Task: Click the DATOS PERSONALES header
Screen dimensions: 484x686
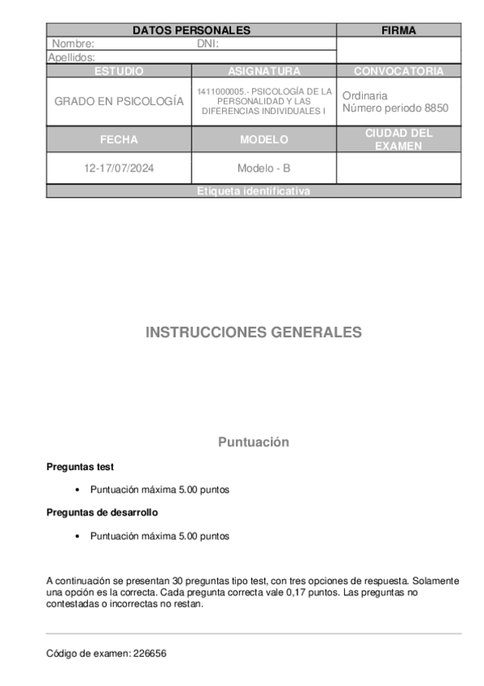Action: tap(191, 31)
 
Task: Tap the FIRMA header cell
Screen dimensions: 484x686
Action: tap(398, 31)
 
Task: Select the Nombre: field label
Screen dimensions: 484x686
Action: tap(74, 44)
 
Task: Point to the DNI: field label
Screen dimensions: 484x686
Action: tap(208, 44)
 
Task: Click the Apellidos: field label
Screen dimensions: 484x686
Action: tap(72, 57)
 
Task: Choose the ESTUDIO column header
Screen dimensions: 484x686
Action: tap(119, 71)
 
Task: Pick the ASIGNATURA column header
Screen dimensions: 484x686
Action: tap(264, 71)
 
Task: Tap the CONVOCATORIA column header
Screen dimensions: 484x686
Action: tap(398, 71)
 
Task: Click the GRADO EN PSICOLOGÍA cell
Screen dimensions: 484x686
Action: tap(119, 102)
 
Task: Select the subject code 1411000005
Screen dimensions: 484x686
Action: tap(221, 91)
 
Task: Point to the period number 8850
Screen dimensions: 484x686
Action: tap(436, 108)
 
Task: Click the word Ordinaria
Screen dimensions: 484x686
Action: tap(364, 95)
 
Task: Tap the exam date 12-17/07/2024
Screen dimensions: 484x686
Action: tap(119, 169)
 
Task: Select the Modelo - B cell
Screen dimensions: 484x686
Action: tap(264, 169)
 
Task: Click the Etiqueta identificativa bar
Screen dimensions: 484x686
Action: tap(253, 192)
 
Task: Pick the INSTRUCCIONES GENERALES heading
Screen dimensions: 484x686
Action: tap(253, 332)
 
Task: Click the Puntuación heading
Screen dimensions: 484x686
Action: tap(253, 443)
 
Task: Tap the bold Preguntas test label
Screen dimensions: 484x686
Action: tap(80, 467)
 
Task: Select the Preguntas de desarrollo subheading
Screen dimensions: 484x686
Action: tap(102, 512)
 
